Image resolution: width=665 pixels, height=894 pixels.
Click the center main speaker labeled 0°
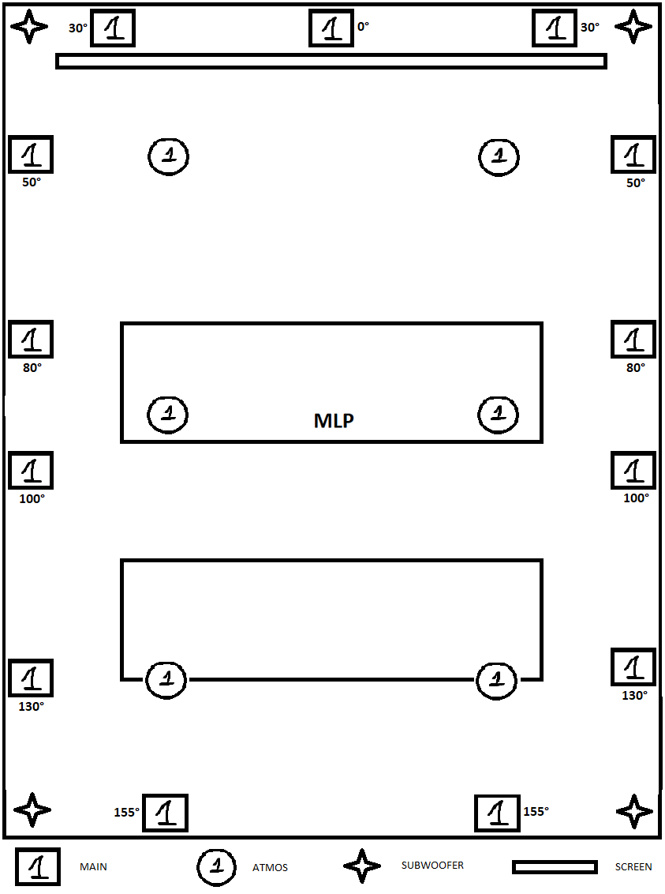pos(331,28)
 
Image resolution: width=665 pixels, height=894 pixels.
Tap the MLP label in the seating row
pos(334,420)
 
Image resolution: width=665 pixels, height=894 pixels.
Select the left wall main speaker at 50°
pos(31,154)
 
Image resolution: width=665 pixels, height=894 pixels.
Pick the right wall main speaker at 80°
pos(633,340)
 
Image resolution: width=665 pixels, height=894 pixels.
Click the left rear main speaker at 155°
pos(165,813)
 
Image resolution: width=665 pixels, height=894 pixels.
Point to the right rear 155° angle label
pos(536,811)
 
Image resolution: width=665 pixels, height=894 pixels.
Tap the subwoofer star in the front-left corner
pos(31,27)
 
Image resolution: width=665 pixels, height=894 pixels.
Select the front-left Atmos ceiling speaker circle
pos(168,156)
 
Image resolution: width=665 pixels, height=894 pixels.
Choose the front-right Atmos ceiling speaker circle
pos(499,156)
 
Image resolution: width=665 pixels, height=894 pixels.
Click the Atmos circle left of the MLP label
pos(168,413)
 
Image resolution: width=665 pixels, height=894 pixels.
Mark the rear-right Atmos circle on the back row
pos(497,678)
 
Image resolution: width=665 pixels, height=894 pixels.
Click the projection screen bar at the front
pos(331,61)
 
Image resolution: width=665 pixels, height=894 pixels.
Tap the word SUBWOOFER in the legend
pos(432,865)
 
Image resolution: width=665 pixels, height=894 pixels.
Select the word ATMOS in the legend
pos(270,867)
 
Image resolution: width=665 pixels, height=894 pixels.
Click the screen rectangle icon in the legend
pos(554,867)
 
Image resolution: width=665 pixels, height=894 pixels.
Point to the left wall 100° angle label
pos(32,498)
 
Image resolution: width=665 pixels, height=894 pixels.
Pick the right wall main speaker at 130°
pos(633,667)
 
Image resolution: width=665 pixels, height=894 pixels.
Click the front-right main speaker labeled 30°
pos(555,28)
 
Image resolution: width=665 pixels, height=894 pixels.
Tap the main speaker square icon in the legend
pos(38,866)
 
